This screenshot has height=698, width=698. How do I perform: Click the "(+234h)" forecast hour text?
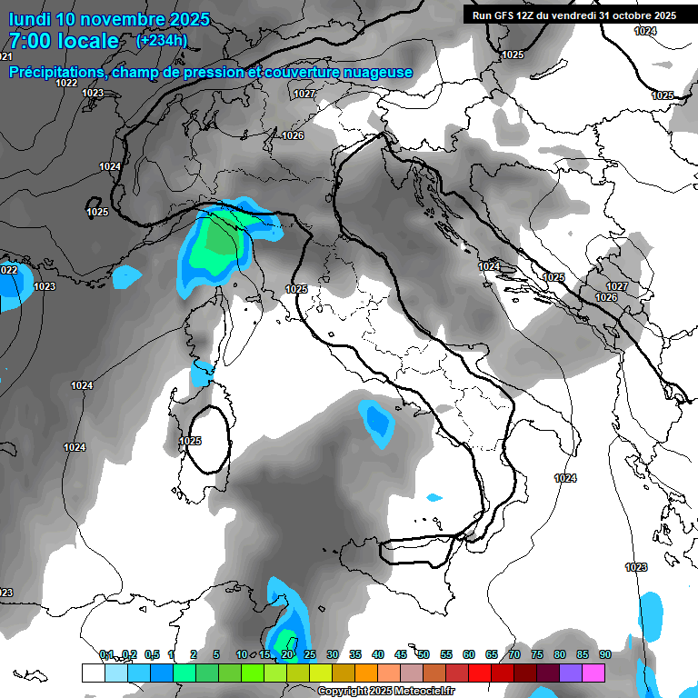pos(162,40)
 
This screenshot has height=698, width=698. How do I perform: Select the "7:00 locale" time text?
pos(64,41)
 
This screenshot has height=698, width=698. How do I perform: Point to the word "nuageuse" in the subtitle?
pos(375,73)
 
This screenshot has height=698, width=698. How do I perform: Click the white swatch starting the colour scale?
pos(93,673)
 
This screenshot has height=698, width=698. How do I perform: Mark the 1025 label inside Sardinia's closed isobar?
pos(190,442)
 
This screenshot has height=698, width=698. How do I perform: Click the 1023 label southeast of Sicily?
pos(636,567)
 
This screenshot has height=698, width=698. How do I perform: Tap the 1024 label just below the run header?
pos(645,32)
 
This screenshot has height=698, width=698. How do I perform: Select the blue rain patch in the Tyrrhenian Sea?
pos(376,421)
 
